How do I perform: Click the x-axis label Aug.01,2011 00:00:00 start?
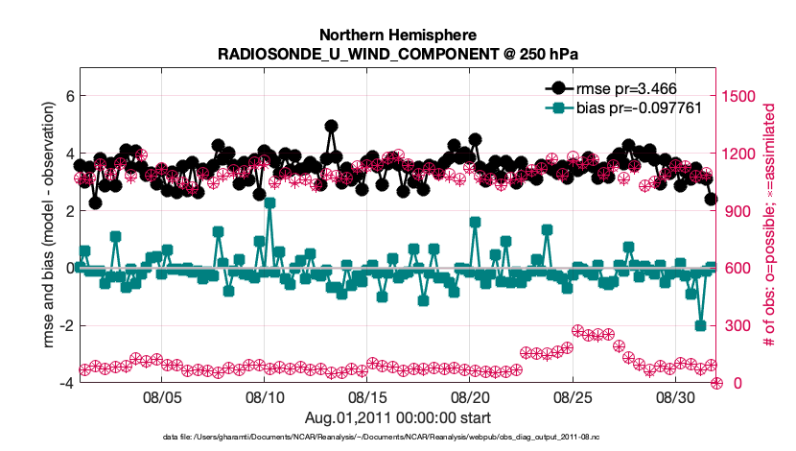pos(398,417)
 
